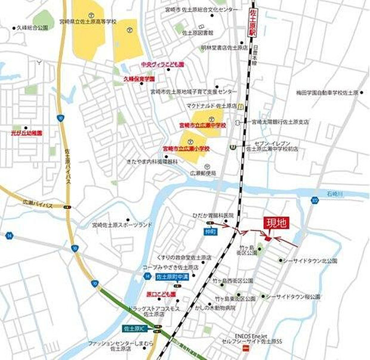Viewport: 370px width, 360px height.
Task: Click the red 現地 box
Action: coord(276,223)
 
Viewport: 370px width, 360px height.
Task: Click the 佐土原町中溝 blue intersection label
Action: coord(172,277)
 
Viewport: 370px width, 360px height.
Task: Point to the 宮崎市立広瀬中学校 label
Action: coord(203,125)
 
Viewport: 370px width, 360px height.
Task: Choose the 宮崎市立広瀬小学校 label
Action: coord(186,148)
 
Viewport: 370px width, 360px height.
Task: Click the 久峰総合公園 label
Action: coord(32,27)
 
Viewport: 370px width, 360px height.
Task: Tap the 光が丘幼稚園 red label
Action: coord(26,134)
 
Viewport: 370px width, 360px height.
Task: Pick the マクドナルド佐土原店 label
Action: coord(211,105)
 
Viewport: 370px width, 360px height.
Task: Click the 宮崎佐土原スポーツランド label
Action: coord(122,225)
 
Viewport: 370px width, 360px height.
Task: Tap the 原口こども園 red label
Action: coord(161,294)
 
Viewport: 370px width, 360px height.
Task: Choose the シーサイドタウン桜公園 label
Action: coord(292,297)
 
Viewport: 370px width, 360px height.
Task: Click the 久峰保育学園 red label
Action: coord(139,79)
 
